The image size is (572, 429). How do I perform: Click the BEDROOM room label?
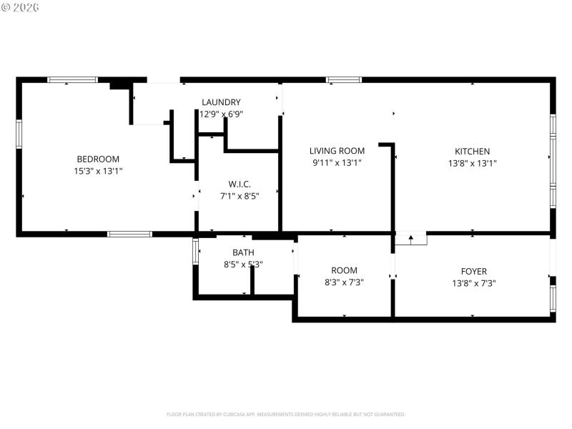[98, 159]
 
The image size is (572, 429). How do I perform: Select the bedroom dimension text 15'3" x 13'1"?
[98, 171]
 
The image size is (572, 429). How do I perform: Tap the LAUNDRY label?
[221, 102]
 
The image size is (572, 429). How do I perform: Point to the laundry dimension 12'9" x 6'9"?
[221, 114]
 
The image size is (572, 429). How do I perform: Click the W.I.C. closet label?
[240, 184]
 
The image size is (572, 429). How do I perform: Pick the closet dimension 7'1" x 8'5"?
[240, 195]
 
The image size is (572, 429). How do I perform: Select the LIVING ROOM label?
[337, 151]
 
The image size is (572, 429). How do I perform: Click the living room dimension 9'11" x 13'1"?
[337, 163]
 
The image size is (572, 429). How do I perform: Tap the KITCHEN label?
[473, 151]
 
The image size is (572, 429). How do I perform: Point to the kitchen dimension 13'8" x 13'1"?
[473, 163]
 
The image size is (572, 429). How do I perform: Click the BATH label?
[243, 252]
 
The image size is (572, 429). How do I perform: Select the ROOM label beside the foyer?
[344, 270]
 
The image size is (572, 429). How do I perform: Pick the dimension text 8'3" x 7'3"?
[344, 282]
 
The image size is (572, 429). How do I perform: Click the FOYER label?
[473, 271]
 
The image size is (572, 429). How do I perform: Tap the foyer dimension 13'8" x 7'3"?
[473, 282]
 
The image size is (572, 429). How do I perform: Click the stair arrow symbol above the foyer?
[410, 239]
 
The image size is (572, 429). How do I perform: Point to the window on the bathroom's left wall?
[195, 252]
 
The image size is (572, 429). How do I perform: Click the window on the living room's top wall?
[344, 79]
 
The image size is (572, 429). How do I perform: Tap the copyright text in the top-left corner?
[21, 6]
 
